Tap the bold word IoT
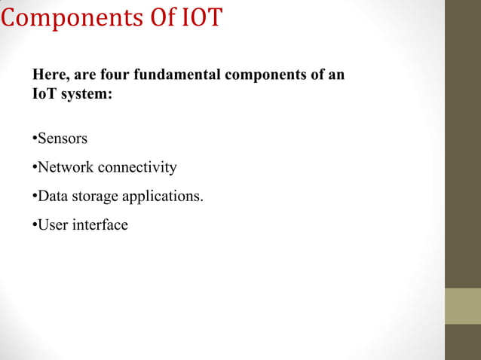[x=44, y=96]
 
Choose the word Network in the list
[x=65, y=167]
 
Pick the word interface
[x=100, y=224]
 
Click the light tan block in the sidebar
[x=462, y=306]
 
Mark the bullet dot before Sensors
[x=35, y=139]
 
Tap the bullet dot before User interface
[x=35, y=225]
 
